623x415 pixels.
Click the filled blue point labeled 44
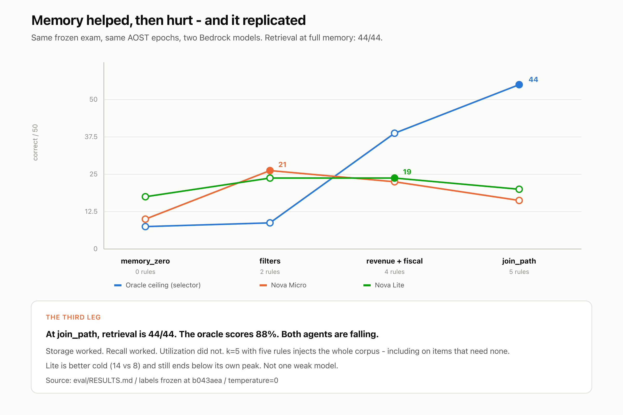519,85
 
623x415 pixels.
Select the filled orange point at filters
270,170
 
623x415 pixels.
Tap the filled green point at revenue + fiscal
394,178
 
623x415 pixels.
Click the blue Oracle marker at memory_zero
145,226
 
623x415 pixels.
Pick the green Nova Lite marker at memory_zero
145,197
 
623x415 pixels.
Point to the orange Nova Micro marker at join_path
519,200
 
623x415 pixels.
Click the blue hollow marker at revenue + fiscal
394,133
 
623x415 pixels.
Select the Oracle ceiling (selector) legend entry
157,285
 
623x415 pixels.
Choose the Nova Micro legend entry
283,285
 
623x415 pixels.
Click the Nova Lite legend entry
384,285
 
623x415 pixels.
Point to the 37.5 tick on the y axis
91,137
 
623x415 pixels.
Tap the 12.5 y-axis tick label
91,211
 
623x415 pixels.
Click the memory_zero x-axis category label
145,261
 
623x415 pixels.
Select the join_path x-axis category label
519,261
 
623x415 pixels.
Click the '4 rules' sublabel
394,272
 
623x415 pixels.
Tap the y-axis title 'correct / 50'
35,142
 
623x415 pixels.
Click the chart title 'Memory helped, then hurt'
112,20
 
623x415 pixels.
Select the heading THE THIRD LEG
73,317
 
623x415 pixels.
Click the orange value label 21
282,165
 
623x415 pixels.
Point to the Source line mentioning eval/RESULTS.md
162,380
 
